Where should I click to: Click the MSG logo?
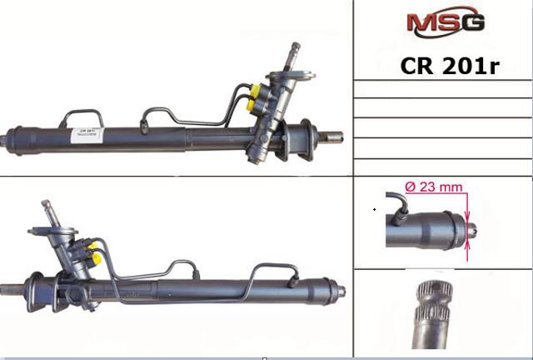(x=445, y=22)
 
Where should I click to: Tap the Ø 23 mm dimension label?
(x=432, y=187)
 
